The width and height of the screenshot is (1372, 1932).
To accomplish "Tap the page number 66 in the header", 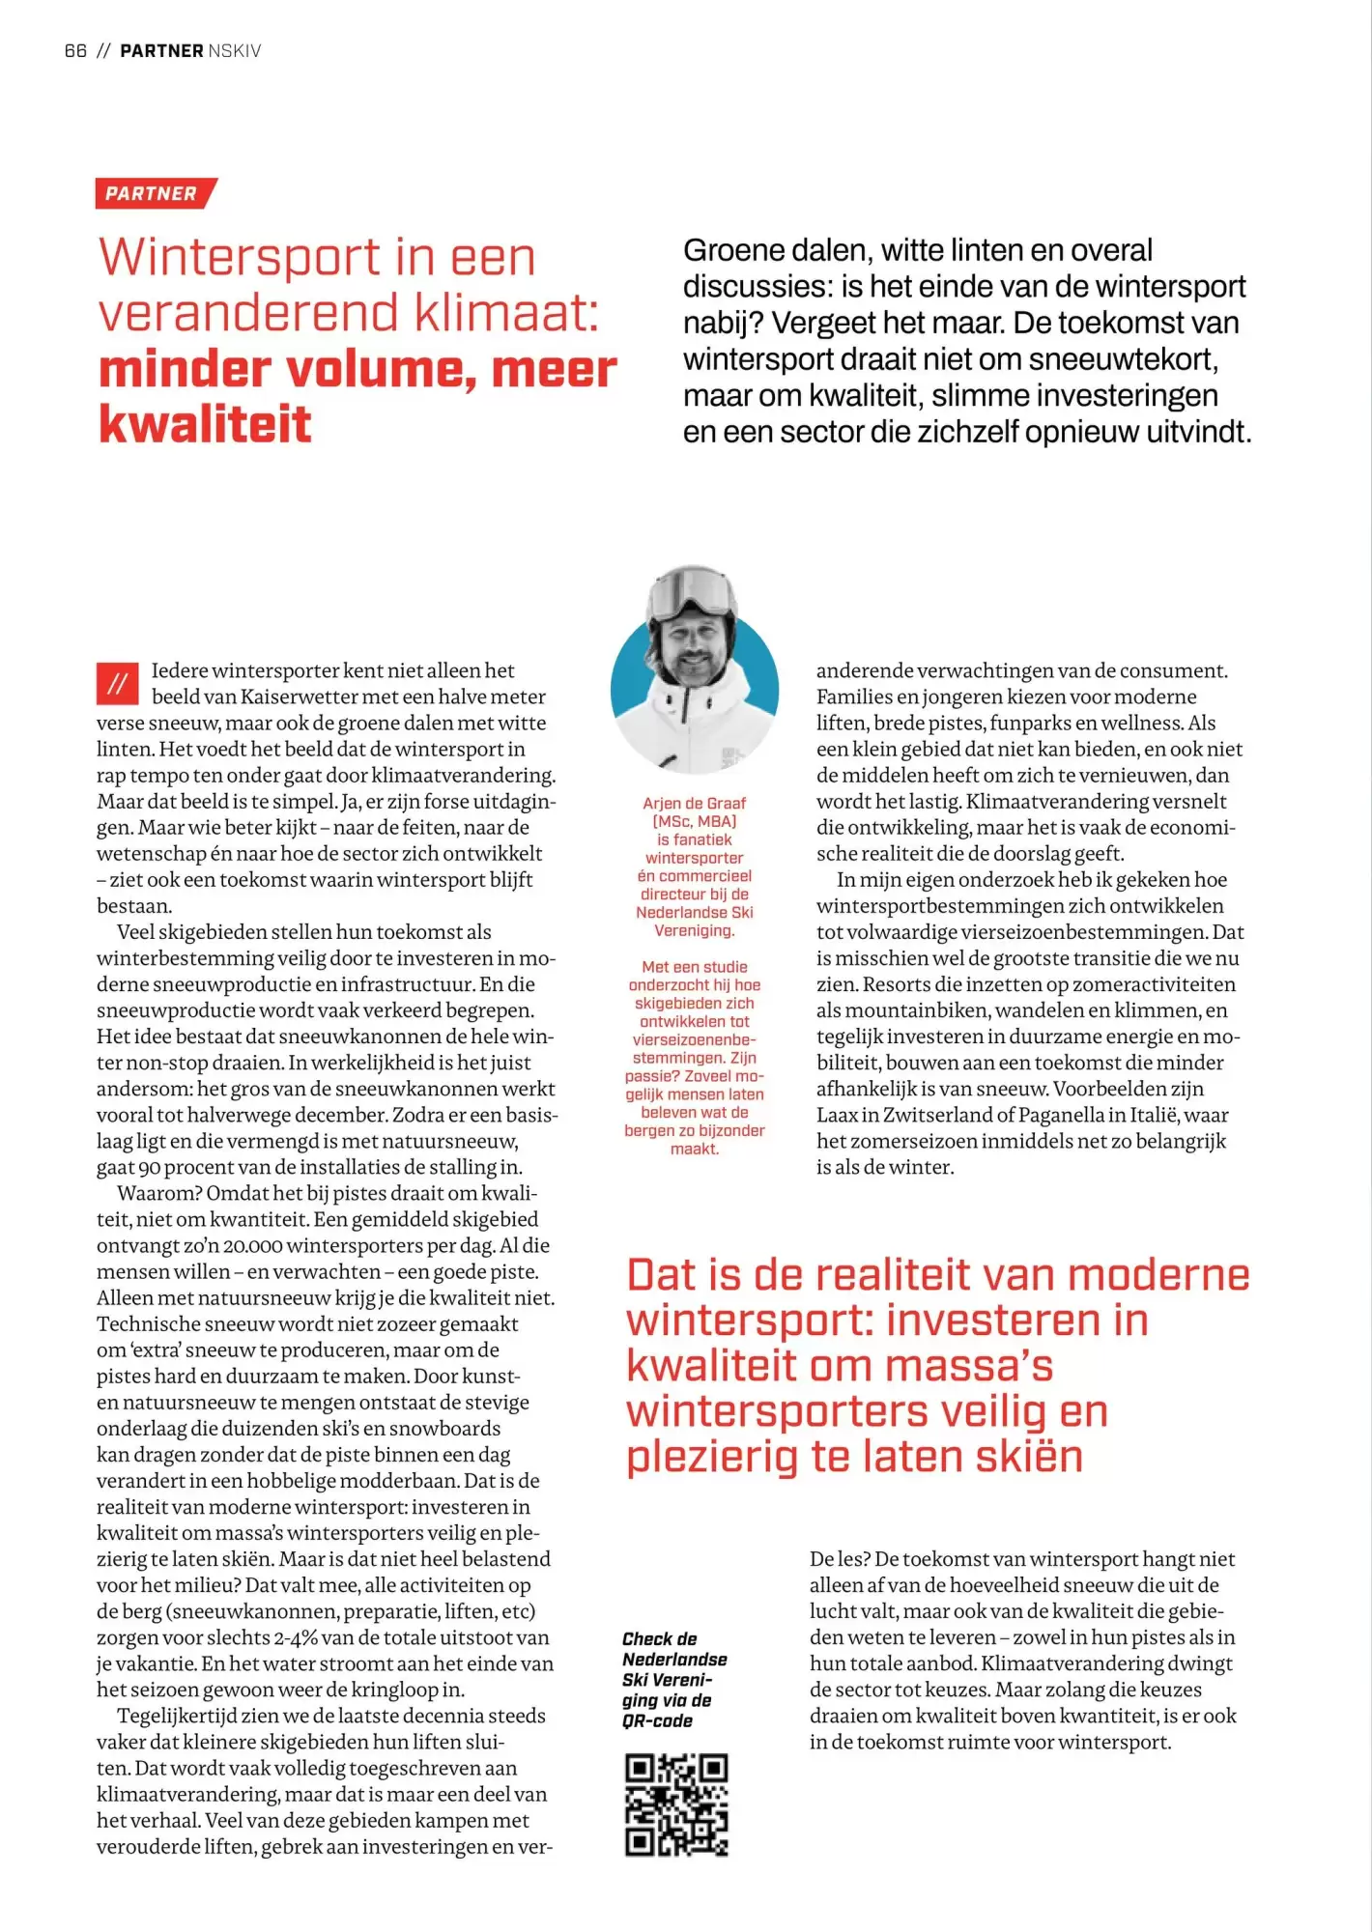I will tap(75, 51).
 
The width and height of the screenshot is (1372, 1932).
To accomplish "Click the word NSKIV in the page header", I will tap(235, 51).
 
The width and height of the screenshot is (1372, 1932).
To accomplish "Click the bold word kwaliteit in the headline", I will tap(205, 424).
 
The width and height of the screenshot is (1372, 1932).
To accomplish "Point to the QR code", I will tap(676, 1805).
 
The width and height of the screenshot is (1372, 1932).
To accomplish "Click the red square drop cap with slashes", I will tap(118, 684).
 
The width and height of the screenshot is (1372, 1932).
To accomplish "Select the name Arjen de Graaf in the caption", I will tap(694, 804).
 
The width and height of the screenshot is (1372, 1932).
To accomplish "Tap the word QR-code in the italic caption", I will tap(658, 1720).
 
